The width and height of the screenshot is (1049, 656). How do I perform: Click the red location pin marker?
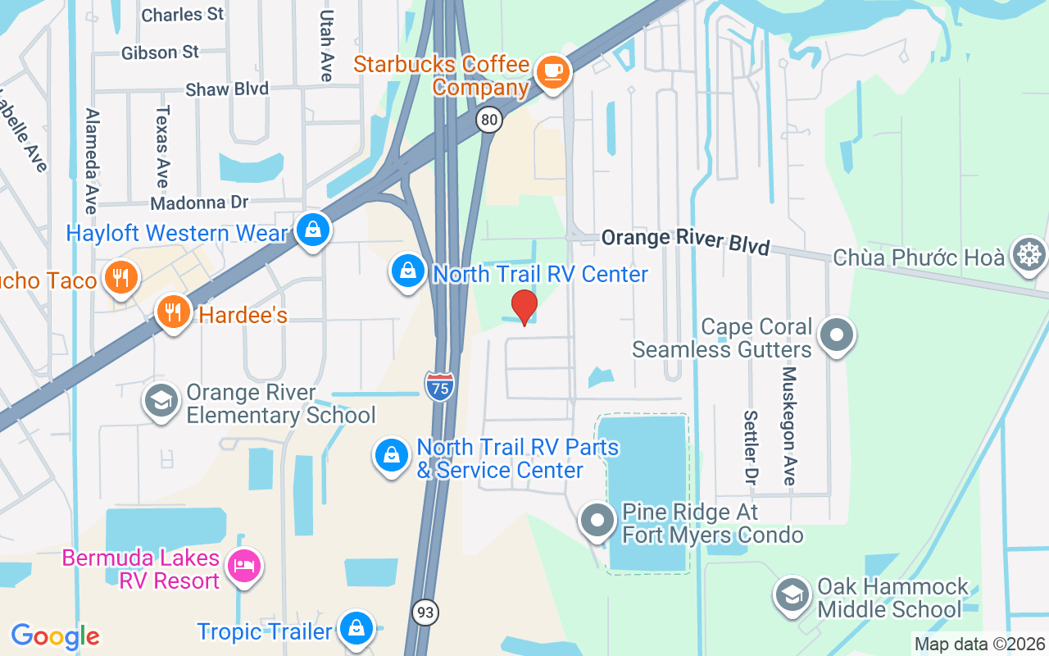tap(524, 307)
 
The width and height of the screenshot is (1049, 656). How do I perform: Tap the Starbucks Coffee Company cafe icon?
tap(553, 71)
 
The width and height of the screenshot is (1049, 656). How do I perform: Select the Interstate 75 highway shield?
tap(440, 385)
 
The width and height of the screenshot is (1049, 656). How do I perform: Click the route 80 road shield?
tap(489, 121)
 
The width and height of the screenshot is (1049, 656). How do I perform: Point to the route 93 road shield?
tap(426, 612)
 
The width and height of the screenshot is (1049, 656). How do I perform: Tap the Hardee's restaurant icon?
tap(172, 313)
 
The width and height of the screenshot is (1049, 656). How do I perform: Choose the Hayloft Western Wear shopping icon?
tap(313, 230)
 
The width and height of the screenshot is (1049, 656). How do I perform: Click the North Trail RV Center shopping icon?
tap(407, 272)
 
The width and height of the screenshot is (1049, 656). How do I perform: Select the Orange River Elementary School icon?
tap(161, 402)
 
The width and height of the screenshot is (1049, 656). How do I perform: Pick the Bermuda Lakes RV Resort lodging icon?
tap(244, 566)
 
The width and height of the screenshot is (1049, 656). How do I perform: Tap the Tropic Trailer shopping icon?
tap(356, 629)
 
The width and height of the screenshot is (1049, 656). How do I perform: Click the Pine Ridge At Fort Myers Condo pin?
tap(598, 522)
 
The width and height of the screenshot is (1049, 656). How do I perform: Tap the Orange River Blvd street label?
tap(685, 241)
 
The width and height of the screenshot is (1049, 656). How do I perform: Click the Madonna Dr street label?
tap(199, 202)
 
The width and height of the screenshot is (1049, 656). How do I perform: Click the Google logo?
tap(55, 635)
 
